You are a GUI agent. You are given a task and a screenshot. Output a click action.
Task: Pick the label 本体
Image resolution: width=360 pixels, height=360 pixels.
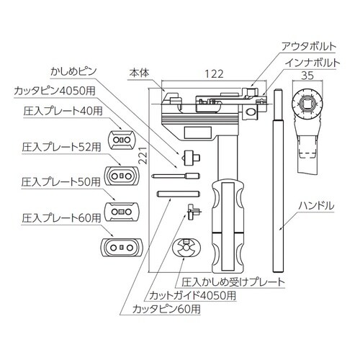(138, 73)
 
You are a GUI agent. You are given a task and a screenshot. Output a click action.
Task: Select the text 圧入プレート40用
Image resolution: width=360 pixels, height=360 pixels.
(62, 112)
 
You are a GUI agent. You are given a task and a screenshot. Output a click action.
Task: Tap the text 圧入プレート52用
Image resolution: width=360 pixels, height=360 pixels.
(62, 146)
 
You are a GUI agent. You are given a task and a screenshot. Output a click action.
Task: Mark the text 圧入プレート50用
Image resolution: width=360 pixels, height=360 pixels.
(62, 181)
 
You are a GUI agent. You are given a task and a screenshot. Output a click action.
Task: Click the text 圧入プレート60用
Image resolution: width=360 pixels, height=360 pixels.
(62, 215)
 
